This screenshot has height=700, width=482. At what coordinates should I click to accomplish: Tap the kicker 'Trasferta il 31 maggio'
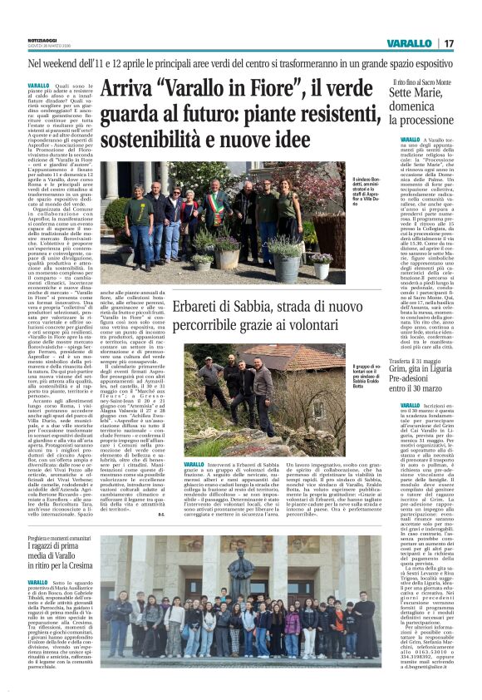pos(415,363)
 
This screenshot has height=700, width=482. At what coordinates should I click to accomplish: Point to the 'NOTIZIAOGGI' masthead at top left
pos(42,38)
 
